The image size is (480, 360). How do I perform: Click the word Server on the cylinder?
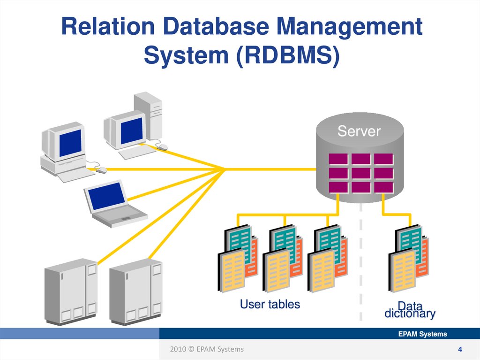pos(359,131)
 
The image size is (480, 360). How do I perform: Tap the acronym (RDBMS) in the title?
pos(286,55)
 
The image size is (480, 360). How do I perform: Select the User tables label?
pos(270,304)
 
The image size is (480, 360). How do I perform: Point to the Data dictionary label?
pos(410,310)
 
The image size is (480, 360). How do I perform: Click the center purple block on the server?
pos(360,173)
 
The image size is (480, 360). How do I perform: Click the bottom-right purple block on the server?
pos(383,187)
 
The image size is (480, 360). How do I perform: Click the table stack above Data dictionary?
pos(408,259)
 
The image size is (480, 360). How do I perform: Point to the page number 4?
pos(460,350)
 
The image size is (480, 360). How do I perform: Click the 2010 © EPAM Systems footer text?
pos(207,349)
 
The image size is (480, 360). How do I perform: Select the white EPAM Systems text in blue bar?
pos(422,334)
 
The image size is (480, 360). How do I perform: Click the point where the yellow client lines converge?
pos(225,169)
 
